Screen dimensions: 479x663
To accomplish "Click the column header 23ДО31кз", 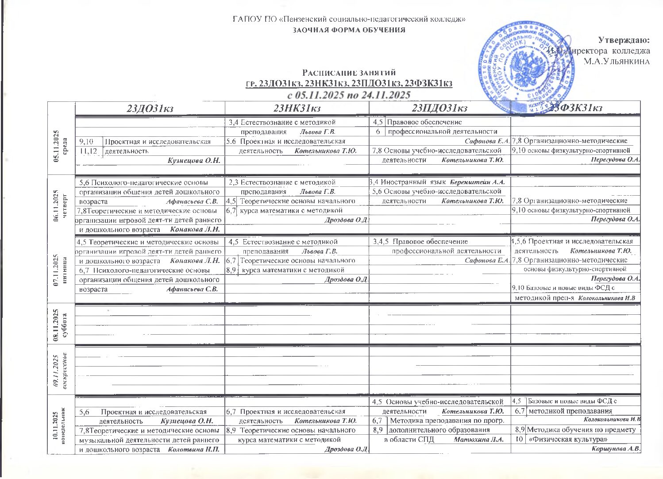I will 149,109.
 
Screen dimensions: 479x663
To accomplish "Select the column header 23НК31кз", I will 297,109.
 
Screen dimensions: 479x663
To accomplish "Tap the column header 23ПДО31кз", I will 439,109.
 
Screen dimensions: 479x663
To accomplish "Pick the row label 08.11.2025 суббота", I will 61,325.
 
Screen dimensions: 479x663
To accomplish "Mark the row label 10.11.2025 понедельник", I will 61,423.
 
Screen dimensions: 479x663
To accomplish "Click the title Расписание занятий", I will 349,73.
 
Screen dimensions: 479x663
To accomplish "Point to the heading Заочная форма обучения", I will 349,30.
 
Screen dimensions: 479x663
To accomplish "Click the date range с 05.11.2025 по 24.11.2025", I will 349,95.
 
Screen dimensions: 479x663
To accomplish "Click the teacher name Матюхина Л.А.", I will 479,440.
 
